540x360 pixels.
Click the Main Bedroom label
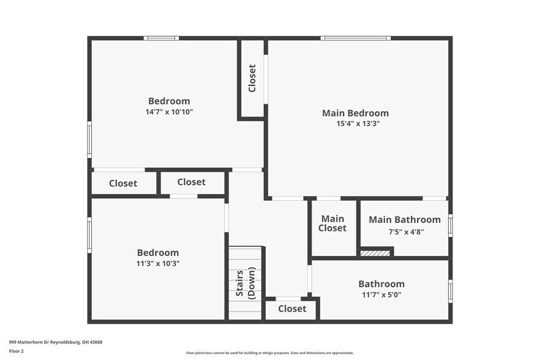(x=355, y=113)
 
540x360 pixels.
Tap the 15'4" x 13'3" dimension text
(x=355, y=123)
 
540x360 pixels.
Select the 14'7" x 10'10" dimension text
(x=169, y=111)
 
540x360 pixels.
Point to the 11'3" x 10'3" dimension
(x=158, y=263)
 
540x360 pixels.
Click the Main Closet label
(x=332, y=223)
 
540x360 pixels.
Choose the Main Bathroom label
(x=404, y=220)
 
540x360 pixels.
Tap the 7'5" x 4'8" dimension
(x=406, y=231)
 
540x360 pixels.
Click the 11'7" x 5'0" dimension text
(x=381, y=295)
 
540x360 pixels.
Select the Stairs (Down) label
(x=246, y=283)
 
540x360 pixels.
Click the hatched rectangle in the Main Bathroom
(x=375, y=252)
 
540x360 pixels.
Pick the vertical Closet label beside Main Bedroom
(x=252, y=78)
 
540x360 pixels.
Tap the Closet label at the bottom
(x=292, y=309)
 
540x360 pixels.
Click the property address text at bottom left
(x=56, y=342)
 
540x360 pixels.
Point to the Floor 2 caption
(x=17, y=351)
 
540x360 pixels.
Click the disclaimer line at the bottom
(x=270, y=353)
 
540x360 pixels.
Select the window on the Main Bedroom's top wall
(x=355, y=39)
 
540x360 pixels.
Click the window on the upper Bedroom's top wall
(x=161, y=39)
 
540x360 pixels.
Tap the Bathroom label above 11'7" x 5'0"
(x=381, y=284)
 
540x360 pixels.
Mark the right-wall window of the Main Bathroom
(x=450, y=225)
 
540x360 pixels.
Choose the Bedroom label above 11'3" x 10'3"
(x=158, y=252)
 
